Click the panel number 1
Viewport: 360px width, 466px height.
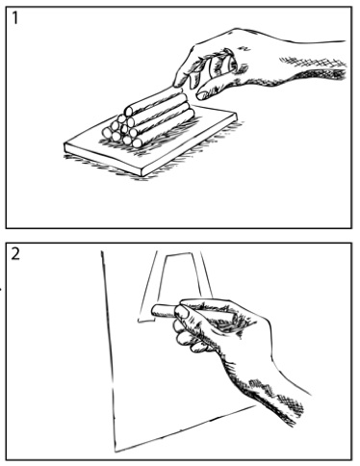click(14, 17)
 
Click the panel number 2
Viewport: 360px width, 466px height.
click(15, 254)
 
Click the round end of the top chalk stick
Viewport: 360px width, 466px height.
click(128, 112)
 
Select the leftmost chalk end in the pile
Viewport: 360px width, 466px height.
click(107, 133)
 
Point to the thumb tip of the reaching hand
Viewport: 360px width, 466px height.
click(202, 95)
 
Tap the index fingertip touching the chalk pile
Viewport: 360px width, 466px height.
click(178, 83)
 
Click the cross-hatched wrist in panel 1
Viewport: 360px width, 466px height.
click(315, 68)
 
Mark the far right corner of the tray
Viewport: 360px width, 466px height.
click(237, 114)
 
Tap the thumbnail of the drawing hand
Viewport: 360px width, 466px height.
click(182, 312)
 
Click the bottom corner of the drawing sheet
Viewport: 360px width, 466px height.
click(116, 451)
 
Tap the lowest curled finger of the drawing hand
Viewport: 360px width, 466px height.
click(199, 348)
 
